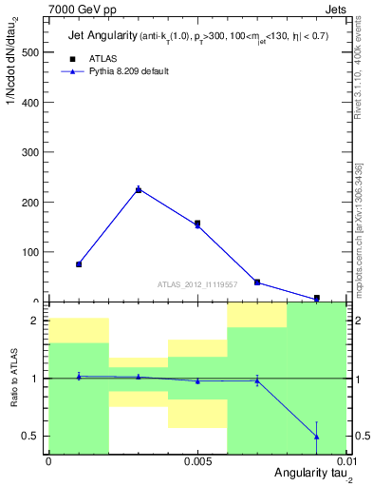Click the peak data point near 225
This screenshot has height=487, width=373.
pos(139,189)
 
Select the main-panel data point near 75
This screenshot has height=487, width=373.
pos(79,264)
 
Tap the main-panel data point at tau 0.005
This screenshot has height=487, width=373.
pos(197,224)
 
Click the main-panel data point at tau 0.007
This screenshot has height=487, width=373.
pos(257,282)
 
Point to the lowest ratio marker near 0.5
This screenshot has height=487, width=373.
pos(316,437)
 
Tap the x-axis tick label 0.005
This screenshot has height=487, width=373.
pos(197,461)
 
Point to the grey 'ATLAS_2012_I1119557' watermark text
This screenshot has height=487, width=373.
pos(197,284)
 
